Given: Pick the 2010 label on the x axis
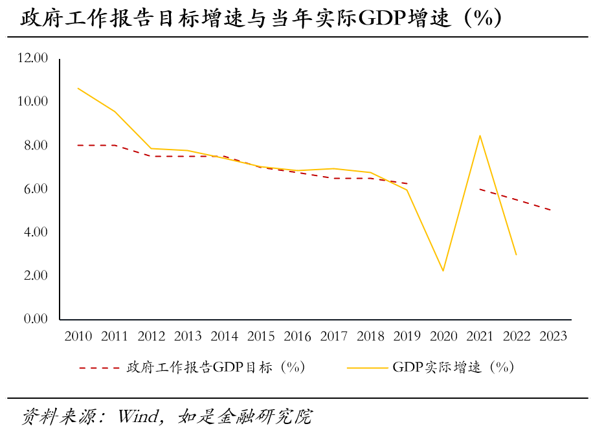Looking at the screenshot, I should point(78,336).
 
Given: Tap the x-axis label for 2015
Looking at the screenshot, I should point(261,336).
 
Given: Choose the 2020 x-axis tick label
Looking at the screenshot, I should point(443,336).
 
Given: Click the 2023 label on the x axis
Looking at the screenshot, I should point(553,336).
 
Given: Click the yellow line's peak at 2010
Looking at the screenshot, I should point(78,88).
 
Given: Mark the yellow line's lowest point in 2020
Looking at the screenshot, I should point(443,271).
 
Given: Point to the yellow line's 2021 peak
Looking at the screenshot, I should point(480,135).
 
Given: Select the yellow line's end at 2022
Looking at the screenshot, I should point(517,254).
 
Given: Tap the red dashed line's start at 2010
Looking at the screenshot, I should point(78,145).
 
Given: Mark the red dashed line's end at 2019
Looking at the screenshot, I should point(407,183).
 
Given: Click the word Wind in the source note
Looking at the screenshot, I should point(137,416).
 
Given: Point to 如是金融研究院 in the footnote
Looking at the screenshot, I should point(243,416).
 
